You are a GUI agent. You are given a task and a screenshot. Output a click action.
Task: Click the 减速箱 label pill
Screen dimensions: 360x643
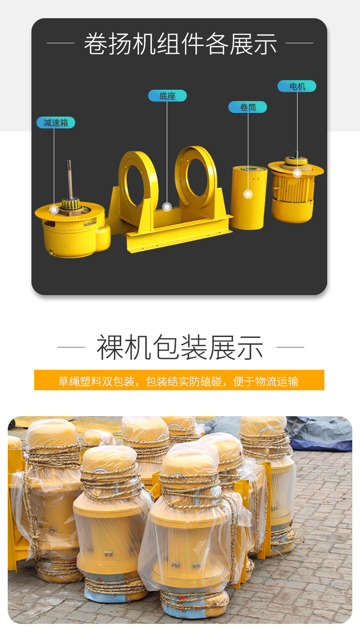click(56, 122)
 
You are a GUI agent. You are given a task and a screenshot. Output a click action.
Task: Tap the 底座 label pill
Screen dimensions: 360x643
click(167, 96)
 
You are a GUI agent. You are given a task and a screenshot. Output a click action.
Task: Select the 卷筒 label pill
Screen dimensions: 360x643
click(247, 107)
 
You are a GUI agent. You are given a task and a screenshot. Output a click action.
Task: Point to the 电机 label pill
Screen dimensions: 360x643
click(297, 86)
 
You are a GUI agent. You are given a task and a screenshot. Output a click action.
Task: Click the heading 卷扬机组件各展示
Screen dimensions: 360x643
click(180, 43)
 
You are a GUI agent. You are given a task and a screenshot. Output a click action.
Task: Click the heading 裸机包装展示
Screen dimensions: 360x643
click(180, 347)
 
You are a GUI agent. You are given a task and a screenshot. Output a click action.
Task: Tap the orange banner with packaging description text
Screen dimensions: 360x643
click(179, 380)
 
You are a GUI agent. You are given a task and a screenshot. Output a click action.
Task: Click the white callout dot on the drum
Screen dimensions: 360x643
click(248, 194)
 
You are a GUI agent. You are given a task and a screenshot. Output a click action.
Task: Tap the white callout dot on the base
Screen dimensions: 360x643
click(167, 206)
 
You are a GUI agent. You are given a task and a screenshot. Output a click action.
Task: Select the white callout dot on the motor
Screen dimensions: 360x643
click(297, 173)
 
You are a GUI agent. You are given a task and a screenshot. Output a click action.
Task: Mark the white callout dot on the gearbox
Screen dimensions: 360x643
click(54, 209)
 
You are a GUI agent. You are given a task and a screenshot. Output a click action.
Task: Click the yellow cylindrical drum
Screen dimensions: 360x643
click(249, 198)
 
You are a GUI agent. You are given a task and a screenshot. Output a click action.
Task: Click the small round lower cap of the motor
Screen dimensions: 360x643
click(292, 211)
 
